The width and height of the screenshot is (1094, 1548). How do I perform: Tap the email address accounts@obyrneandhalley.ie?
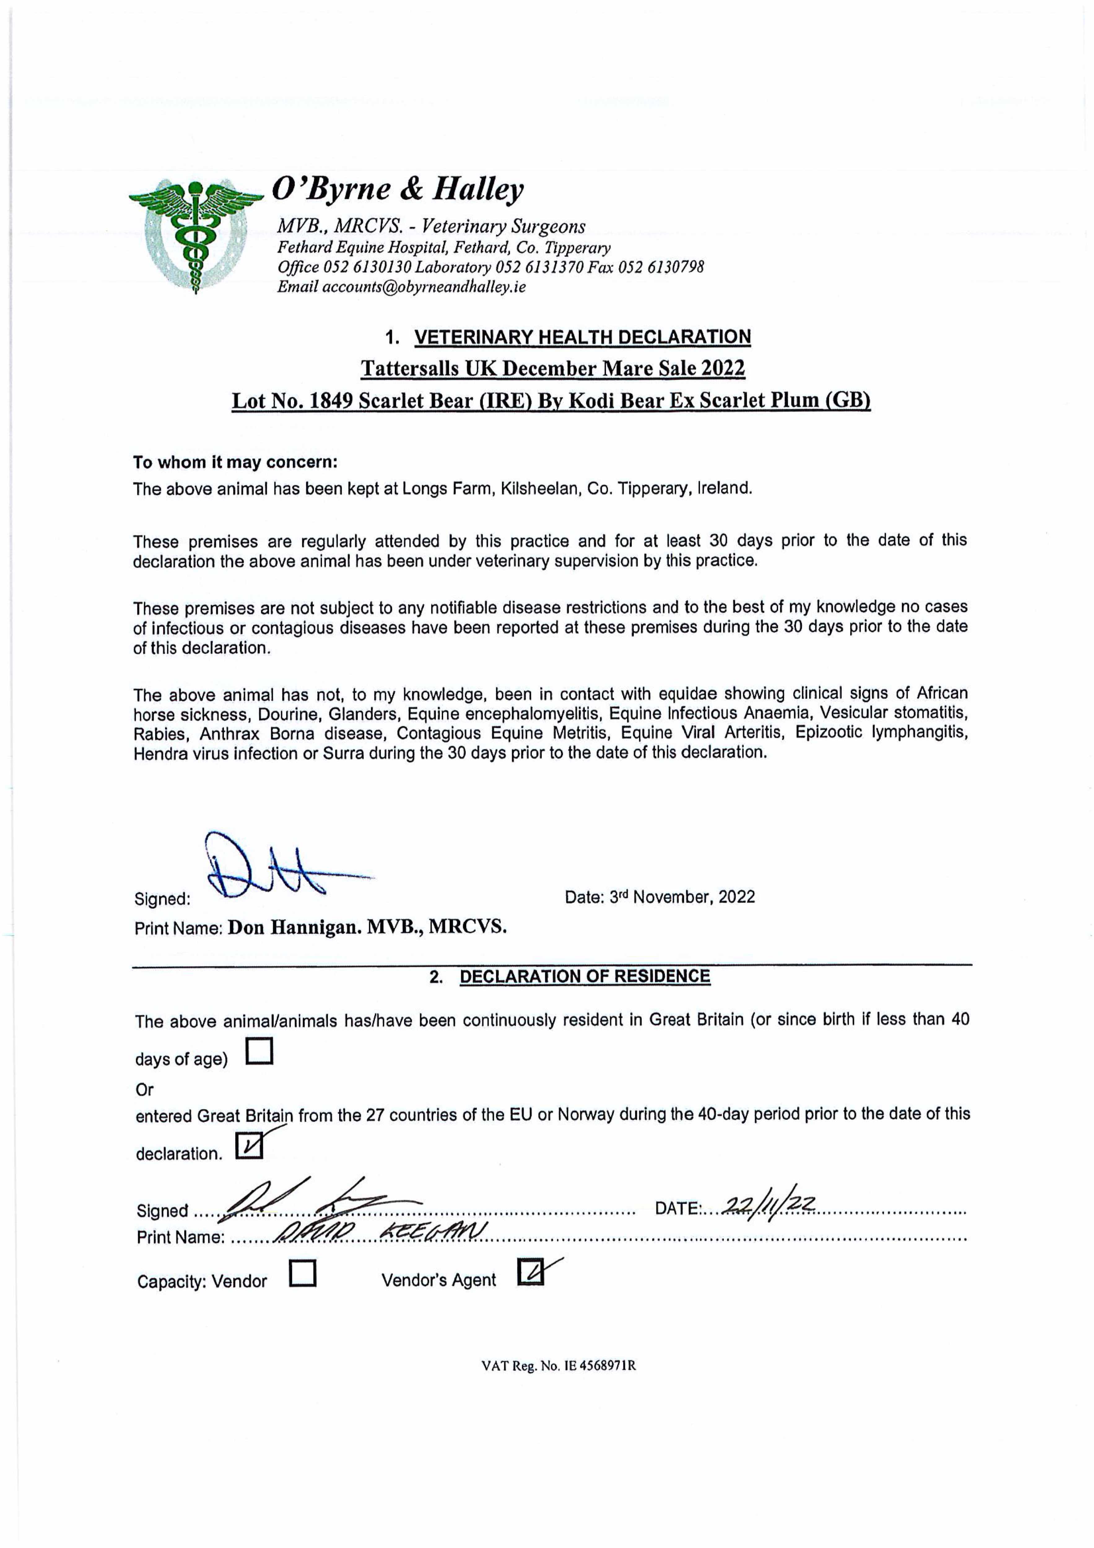(x=424, y=287)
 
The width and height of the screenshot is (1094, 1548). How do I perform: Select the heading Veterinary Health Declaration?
(x=582, y=337)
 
